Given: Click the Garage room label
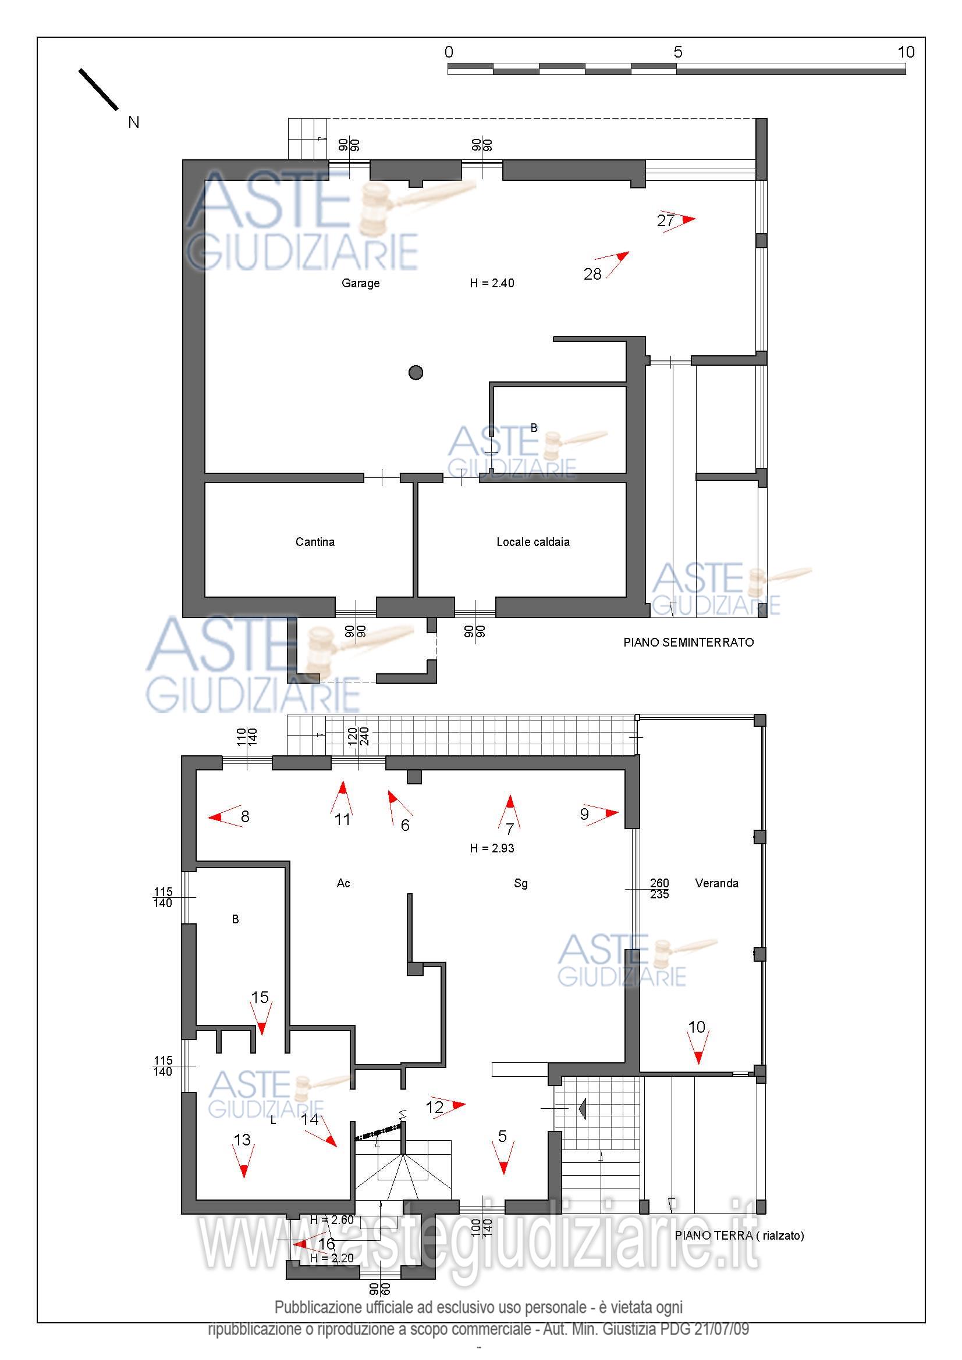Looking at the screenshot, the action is click(360, 283).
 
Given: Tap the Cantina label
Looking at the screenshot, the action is click(315, 542).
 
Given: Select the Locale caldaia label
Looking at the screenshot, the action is click(533, 542).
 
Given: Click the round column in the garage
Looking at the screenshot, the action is click(416, 373).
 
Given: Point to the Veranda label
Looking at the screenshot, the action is click(716, 883).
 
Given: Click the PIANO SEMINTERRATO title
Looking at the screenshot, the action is click(688, 642).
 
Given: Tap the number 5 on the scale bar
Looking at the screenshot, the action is click(678, 52).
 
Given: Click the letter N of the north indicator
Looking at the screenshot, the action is click(134, 123).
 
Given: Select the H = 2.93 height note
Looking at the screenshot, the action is click(492, 848).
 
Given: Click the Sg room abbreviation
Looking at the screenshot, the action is click(521, 883).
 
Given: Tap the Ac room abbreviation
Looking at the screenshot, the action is click(343, 883).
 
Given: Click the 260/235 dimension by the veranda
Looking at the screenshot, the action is click(660, 888).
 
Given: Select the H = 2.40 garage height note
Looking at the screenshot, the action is click(492, 283).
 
